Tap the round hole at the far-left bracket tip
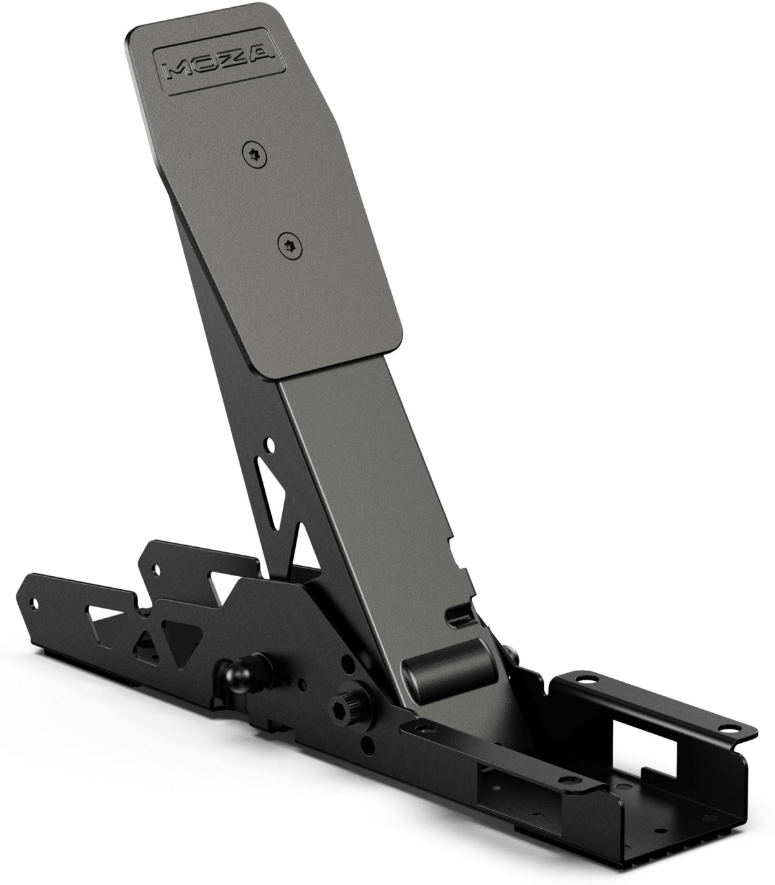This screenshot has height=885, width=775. (x=35, y=604)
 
